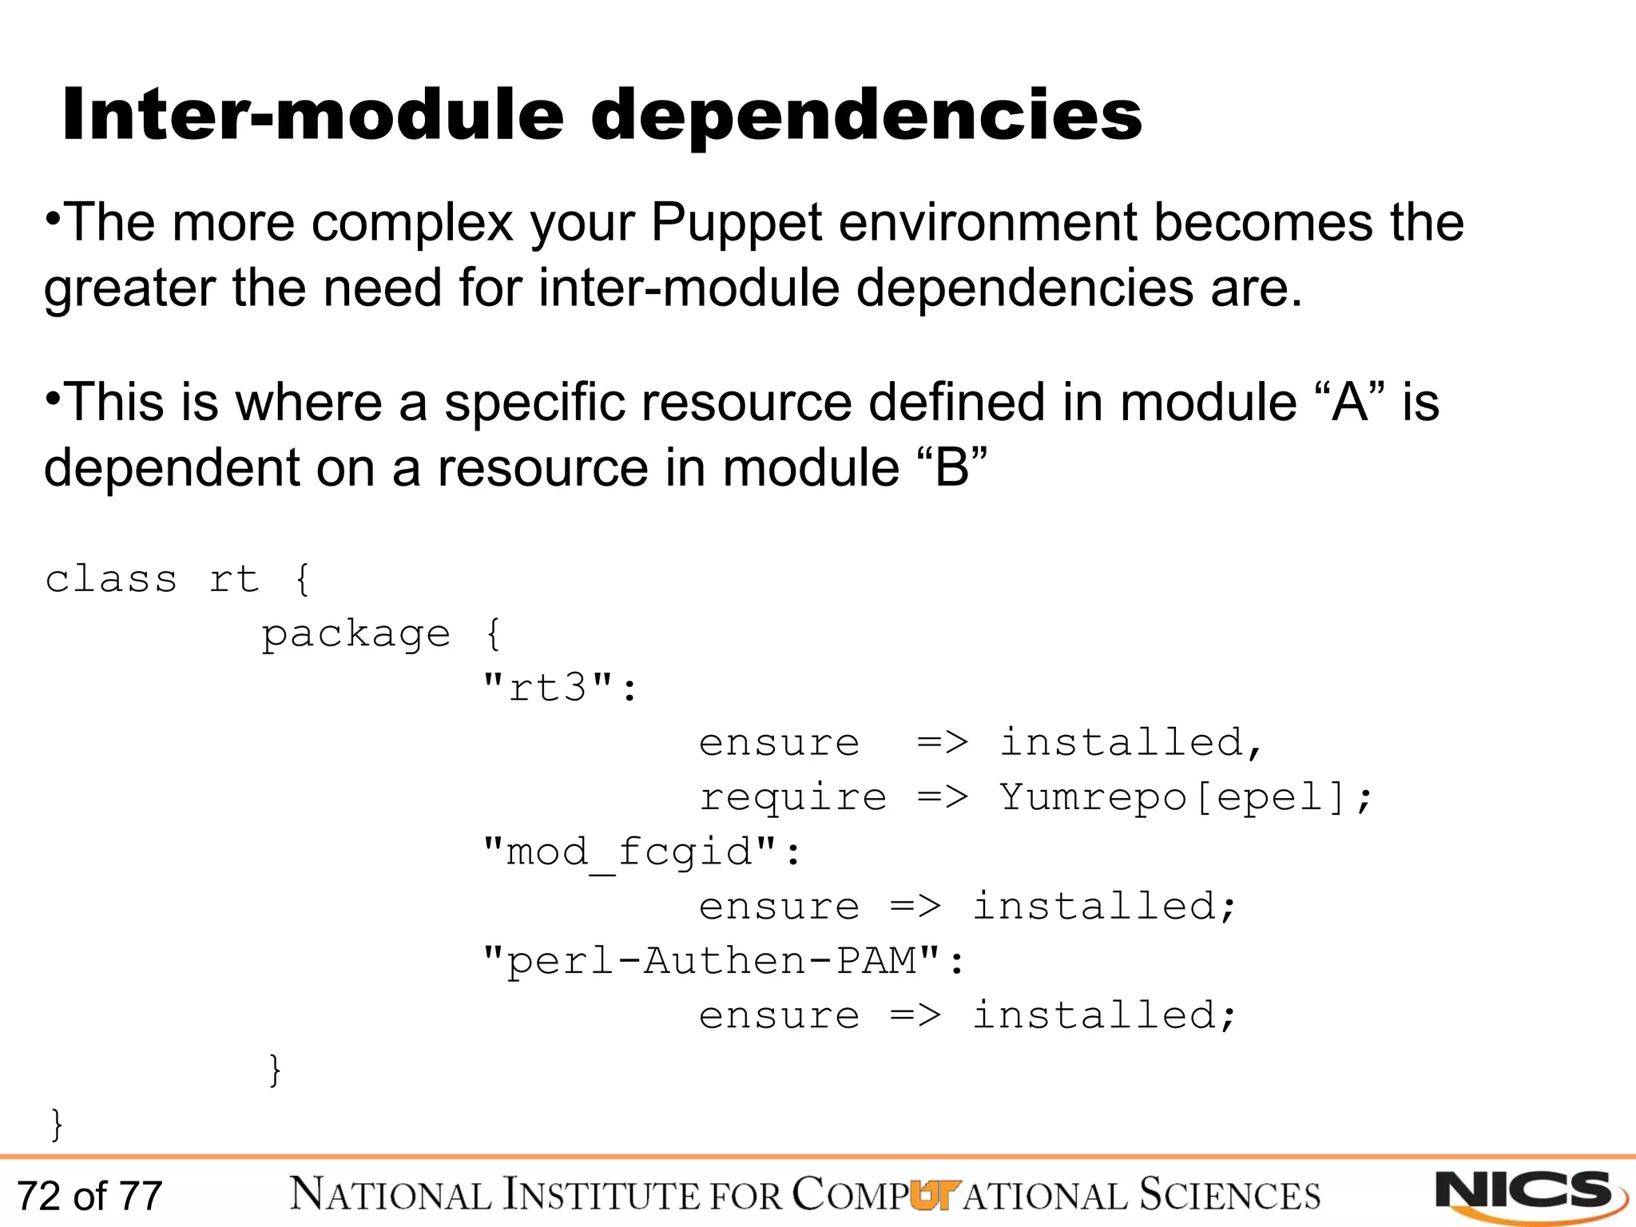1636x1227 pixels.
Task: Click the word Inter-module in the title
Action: coord(313,116)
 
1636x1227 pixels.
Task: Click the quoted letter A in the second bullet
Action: coord(1350,402)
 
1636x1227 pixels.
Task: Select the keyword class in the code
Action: coord(111,579)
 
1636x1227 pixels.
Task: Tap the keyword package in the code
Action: coord(356,635)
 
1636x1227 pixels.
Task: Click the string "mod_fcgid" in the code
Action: coord(630,852)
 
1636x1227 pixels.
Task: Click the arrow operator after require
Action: coord(943,797)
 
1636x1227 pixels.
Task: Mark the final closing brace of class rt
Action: coord(57,1124)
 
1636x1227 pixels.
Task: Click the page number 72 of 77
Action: coord(89,1197)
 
